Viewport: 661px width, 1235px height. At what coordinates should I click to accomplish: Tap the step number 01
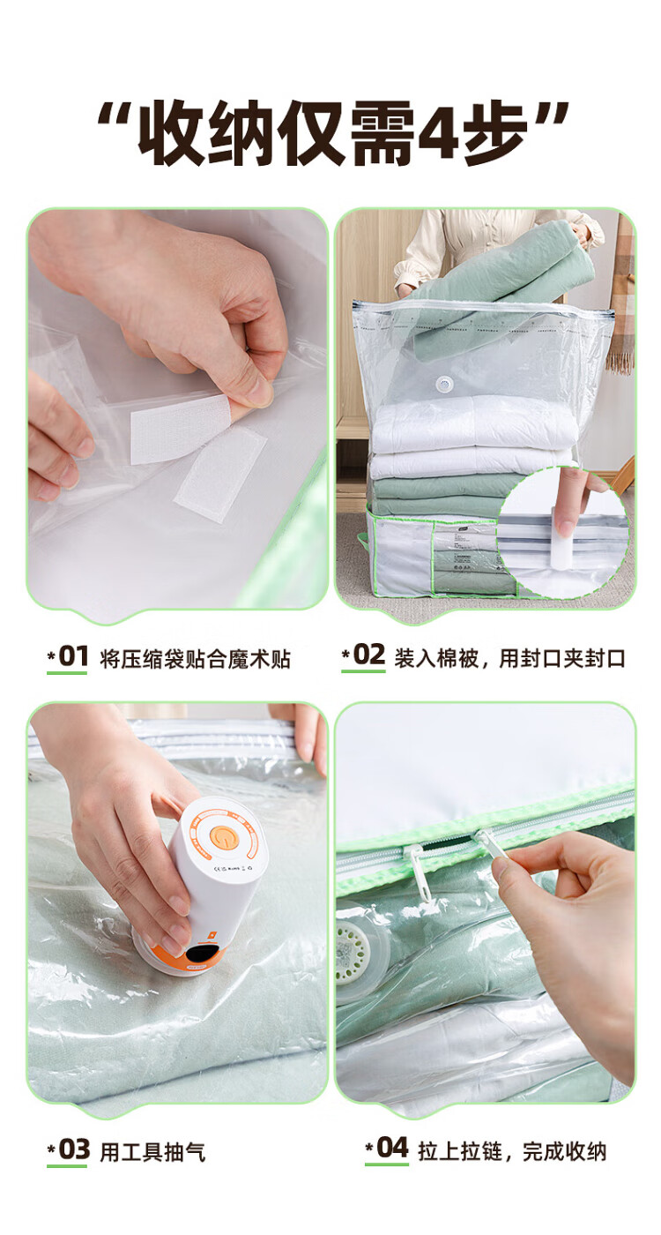point(73,656)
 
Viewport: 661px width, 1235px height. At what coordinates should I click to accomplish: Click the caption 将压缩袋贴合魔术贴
point(195,659)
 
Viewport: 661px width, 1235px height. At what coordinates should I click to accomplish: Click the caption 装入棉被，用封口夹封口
point(509,658)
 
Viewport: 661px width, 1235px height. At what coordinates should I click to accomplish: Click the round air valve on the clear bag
point(444,385)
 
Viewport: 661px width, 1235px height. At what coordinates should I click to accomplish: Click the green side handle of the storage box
point(362,541)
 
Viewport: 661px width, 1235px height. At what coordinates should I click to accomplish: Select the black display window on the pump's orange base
point(202,954)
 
